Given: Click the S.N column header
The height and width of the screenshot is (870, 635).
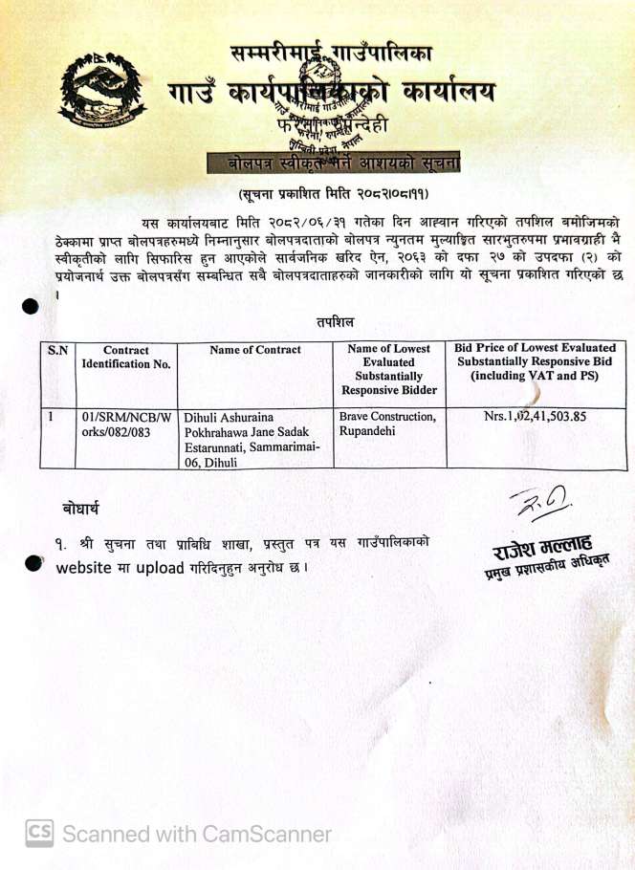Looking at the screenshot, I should (57, 350).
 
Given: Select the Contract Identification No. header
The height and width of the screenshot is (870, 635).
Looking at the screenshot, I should (126, 357).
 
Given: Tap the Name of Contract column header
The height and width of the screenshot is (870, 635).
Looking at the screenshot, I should (255, 350).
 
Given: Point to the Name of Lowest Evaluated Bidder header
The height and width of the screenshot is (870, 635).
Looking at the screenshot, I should (388, 369).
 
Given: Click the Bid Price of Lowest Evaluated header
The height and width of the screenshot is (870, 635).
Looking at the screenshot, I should (536, 362).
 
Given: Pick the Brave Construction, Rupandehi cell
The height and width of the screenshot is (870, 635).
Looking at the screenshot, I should (387, 424).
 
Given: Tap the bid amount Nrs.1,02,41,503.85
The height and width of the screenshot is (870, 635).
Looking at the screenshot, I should (535, 417).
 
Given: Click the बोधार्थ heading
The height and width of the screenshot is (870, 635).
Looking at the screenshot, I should (81, 507).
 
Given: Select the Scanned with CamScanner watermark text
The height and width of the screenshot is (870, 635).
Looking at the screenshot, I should (197, 834).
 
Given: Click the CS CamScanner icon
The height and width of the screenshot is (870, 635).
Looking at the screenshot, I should (39, 833).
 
